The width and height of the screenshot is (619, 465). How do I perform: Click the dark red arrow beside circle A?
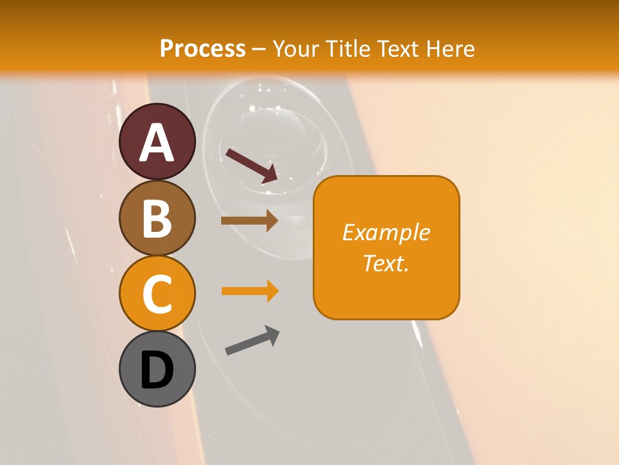pyautogui.click(x=251, y=165)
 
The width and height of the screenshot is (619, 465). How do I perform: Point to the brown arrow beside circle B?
pyautogui.click(x=250, y=221)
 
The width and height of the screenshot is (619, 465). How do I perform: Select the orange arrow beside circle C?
pyautogui.click(x=250, y=291)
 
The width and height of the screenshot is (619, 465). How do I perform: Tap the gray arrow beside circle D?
pyautogui.click(x=252, y=340)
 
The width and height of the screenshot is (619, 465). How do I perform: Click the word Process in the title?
pyautogui.click(x=202, y=48)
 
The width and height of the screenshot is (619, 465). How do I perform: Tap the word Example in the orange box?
pyautogui.click(x=386, y=232)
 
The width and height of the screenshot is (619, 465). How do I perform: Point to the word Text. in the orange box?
pyautogui.click(x=386, y=263)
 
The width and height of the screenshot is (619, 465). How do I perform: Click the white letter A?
pyautogui.click(x=157, y=142)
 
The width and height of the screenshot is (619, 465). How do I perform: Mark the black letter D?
pyautogui.click(x=157, y=371)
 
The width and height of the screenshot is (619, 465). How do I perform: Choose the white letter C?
pyautogui.click(x=157, y=295)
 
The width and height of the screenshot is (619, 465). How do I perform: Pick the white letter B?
pyautogui.click(x=157, y=218)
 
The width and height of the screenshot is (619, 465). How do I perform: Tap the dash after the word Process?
pyautogui.click(x=259, y=49)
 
